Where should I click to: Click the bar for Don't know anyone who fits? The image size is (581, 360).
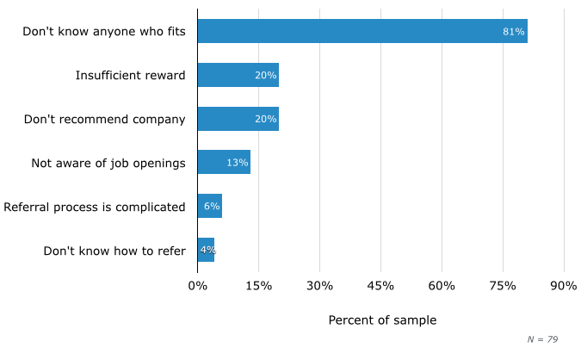362,31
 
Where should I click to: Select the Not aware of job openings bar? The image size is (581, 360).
224,163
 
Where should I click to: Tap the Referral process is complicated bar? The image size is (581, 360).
209,207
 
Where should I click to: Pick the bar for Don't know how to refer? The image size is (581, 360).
206,251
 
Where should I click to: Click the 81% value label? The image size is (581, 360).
514,32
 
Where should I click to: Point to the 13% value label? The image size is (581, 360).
238,163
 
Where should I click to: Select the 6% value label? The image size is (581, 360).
212,207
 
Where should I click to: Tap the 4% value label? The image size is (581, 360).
207,251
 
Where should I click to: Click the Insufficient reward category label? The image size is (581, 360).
130,75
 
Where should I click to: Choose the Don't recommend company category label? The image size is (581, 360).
104,119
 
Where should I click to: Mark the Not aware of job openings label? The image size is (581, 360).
108,163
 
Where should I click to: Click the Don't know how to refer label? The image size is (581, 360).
114,251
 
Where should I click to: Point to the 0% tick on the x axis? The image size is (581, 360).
197,286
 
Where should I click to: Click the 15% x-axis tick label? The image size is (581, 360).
258,286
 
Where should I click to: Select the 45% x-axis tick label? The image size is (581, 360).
380,286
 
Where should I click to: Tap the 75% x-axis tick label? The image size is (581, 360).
503,286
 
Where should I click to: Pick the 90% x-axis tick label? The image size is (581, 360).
564,286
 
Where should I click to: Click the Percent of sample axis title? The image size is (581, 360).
382,320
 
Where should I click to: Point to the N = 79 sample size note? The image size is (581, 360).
542,339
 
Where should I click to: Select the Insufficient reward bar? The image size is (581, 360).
238,75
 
